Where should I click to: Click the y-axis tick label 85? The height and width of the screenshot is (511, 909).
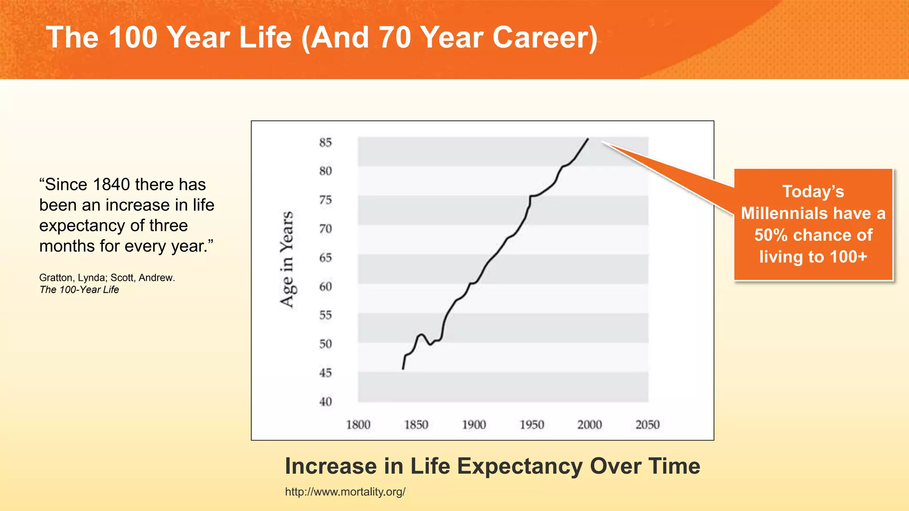tap(325, 142)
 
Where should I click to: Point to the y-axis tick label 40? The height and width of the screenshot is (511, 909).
tap(325, 401)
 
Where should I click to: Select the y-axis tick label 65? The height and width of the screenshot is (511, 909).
tap(325, 258)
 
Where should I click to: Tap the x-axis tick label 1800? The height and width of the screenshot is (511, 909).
tap(358, 425)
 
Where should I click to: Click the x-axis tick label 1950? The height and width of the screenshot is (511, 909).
tap(532, 425)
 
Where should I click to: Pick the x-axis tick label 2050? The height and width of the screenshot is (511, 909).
tap(648, 425)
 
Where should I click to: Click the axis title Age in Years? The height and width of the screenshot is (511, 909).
tap(287, 259)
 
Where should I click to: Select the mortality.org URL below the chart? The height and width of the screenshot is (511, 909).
tap(345, 492)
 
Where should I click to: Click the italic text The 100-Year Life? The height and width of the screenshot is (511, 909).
tap(79, 290)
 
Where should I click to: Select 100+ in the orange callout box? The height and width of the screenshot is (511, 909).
tap(848, 257)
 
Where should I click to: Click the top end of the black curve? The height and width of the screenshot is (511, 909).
tap(588, 139)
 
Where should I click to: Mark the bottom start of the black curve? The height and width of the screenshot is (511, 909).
tap(403, 369)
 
